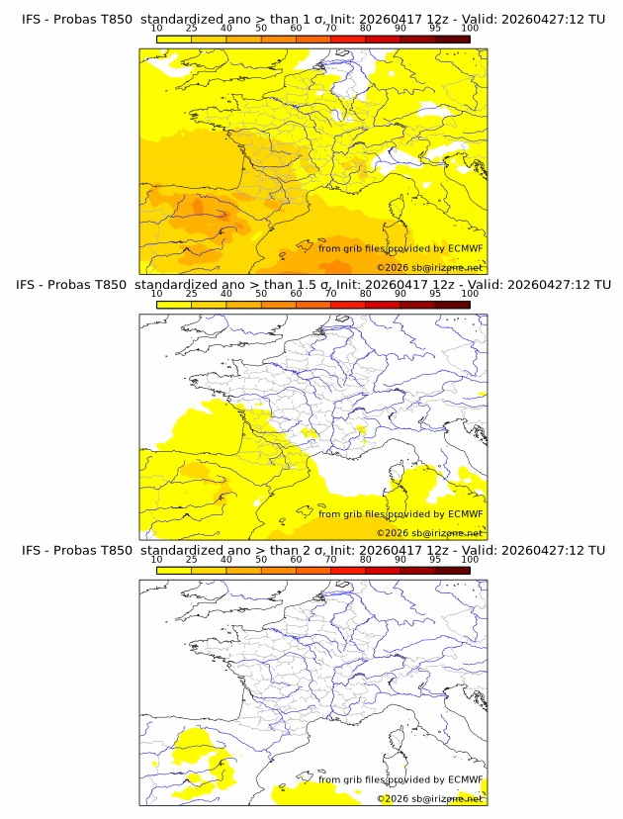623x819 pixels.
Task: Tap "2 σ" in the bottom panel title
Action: pyautogui.click(x=311, y=550)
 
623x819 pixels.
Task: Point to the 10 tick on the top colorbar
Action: pyautogui.click(x=157, y=29)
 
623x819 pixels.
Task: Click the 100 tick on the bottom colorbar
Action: pyautogui.click(x=470, y=559)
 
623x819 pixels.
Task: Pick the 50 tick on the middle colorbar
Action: pyautogui.click(x=261, y=294)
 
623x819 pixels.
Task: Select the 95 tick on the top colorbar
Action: pyautogui.click(x=435, y=29)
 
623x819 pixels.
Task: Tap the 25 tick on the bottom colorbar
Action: pyautogui.click(x=192, y=559)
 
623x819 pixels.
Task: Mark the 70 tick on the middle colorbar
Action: pyautogui.click(x=331, y=294)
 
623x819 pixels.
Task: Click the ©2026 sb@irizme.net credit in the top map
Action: pyautogui.click(x=429, y=268)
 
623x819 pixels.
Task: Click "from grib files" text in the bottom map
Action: pyautogui.click(x=354, y=779)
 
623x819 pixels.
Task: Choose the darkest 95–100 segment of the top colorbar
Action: pyautogui.click(x=453, y=39)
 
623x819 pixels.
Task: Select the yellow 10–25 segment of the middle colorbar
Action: pyautogui.click(x=174, y=304)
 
